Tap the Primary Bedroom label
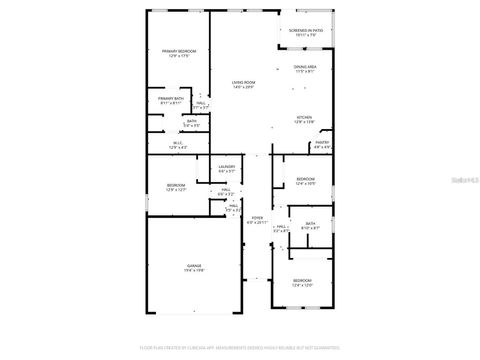[x=179, y=51]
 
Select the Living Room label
[x=244, y=83]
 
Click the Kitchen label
[x=304, y=118]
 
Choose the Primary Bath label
[x=170, y=99]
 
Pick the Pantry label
[x=322, y=143]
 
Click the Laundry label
[x=227, y=167]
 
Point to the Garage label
[x=193, y=266]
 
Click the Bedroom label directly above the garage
[x=176, y=186]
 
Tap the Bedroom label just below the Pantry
[x=306, y=180]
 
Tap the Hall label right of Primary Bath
[x=201, y=104]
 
